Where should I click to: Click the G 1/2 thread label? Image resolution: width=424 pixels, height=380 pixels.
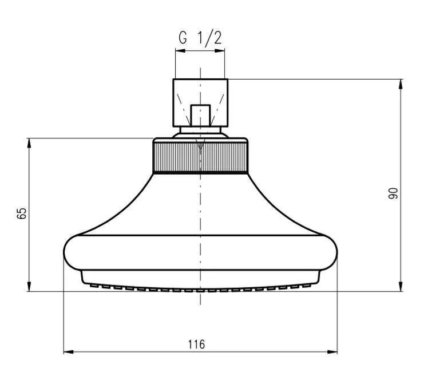coord(200,39)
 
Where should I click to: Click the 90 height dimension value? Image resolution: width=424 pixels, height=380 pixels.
coord(393,193)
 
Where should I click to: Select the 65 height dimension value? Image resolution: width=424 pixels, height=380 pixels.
coord(22,214)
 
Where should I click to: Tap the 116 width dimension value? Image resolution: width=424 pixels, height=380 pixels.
coord(196,345)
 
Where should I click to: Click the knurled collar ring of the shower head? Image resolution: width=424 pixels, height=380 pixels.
coord(200,156)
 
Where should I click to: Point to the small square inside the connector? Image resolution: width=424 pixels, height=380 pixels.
coord(200,114)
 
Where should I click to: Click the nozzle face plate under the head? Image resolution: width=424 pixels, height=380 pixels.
coord(200,282)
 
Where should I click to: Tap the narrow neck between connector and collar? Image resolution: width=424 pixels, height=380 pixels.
coord(200,131)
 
